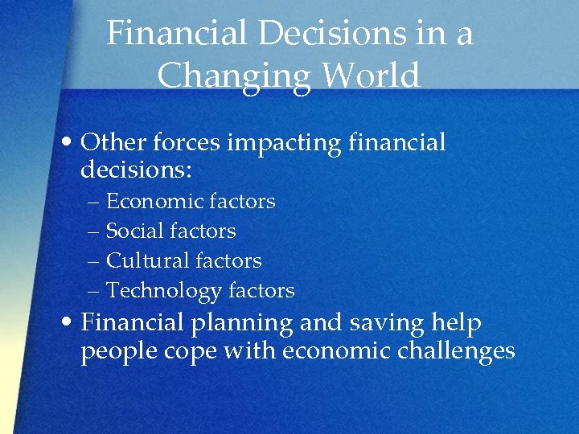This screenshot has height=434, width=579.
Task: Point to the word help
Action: click(457, 323)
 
